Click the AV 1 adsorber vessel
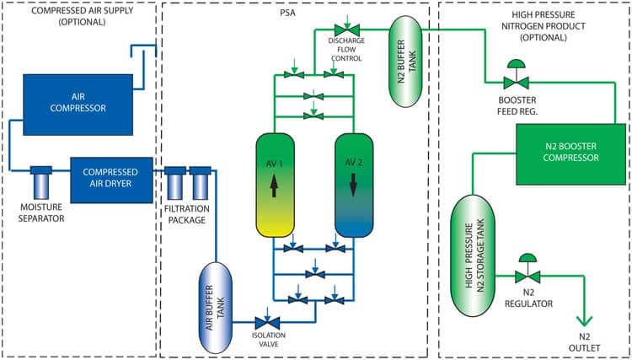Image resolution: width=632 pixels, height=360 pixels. (277, 183)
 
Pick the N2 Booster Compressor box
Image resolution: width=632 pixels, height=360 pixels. (560, 151)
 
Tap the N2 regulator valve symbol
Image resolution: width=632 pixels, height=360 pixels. (526, 277)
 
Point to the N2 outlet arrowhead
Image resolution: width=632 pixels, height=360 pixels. (583, 321)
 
